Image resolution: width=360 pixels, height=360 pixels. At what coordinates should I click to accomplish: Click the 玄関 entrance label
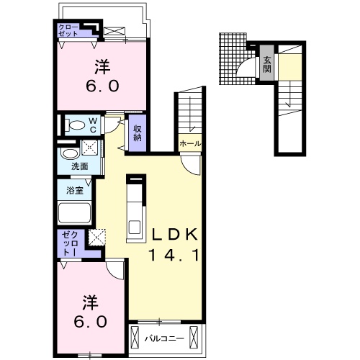267,65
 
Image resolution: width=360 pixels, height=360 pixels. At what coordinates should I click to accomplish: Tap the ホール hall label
190,144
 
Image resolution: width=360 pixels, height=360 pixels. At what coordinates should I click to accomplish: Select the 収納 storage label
138,133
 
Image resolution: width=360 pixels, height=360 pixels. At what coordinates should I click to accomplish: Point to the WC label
93,125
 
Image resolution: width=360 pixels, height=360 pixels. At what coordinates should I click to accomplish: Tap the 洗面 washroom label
79,166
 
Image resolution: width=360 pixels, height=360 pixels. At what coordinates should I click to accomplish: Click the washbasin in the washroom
70,153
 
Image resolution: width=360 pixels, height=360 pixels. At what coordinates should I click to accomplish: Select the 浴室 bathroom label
75,191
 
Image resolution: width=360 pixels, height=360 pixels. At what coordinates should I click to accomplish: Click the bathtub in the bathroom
75,213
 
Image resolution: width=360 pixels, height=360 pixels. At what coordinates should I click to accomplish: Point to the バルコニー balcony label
164,338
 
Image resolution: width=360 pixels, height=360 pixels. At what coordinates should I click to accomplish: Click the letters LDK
175,235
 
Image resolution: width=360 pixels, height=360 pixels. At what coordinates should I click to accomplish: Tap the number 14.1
174,255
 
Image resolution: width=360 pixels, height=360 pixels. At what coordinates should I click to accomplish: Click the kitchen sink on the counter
135,228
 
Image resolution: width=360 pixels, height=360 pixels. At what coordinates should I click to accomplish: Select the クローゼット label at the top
68,30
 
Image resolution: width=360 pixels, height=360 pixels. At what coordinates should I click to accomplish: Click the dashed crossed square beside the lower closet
97,237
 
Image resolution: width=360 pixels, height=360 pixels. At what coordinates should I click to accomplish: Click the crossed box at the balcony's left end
135,336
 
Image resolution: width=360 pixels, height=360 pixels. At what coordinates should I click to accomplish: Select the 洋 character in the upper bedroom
102,67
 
